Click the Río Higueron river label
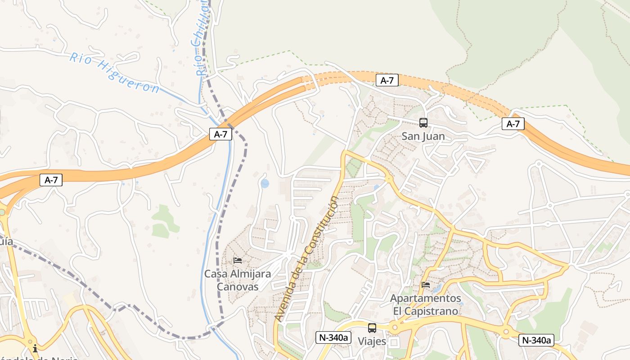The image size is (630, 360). click(x=114, y=72)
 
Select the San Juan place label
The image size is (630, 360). click(x=423, y=136)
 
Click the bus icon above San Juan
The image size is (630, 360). click(x=423, y=123)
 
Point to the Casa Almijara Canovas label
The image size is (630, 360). click(x=238, y=280)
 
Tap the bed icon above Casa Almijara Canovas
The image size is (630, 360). click(x=238, y=261)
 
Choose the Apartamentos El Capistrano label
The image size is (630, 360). click(x=425, y=305)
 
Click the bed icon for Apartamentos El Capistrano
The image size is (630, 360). click(x=425, y=284)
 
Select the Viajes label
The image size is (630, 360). click(x=372, y=342)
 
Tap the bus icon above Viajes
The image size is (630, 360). click(x=372, y=328)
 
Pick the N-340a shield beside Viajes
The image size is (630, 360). click(x=333, y=337)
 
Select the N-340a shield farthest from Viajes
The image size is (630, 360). click(x=536, y=340)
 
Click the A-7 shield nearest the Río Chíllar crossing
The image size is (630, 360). click(x=220, y=134)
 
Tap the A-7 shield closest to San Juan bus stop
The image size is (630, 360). click(x=387, y=81)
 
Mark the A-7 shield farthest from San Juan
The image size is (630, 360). click(x=51, y=180)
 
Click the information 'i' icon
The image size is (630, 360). click(x=35, y=348)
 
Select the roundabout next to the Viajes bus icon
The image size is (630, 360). click(x=395, y=327)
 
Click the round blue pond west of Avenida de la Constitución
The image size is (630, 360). click(x=265, y=183)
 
